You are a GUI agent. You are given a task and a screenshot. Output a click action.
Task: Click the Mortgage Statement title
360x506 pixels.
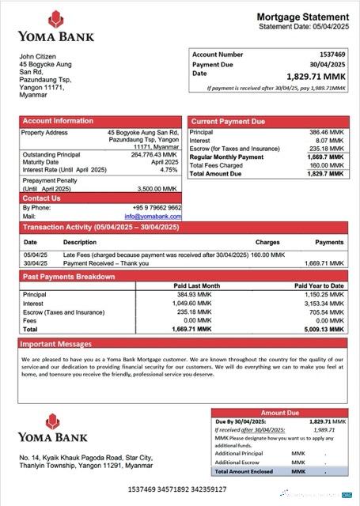coord(302,17)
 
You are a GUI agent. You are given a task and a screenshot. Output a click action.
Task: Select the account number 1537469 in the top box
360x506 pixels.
coord(330,55)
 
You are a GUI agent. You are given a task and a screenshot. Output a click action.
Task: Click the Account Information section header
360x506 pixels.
coord(58,121)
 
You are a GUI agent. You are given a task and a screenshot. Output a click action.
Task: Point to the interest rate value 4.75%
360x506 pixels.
coord(169,170)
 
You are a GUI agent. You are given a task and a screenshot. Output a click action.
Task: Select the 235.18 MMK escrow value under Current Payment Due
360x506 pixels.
coord(326,149)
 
